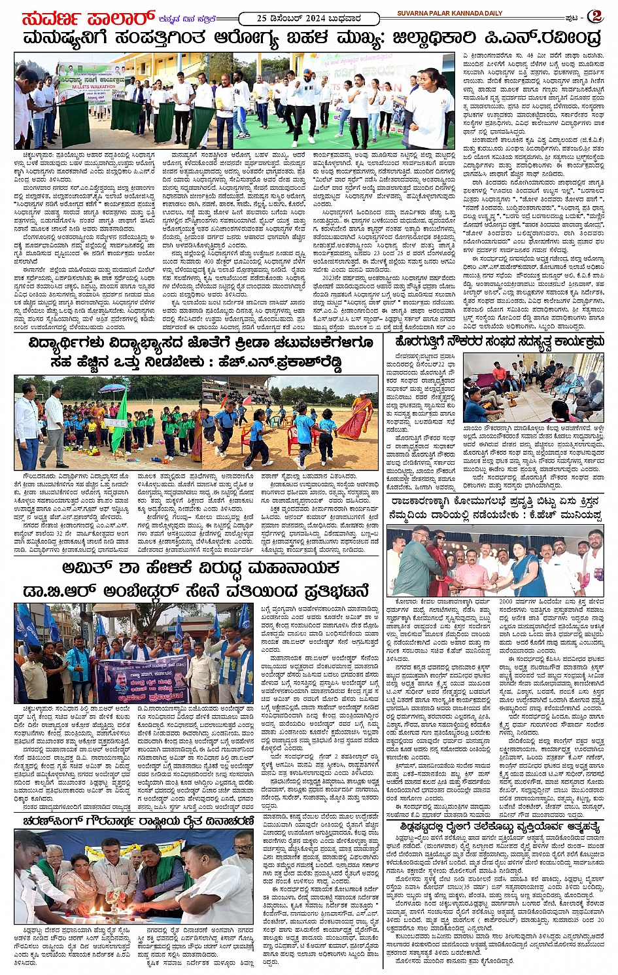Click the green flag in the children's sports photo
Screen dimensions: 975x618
coord(121,417)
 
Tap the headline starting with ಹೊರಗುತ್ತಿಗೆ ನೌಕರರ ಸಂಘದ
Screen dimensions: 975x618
coord(497,342)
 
